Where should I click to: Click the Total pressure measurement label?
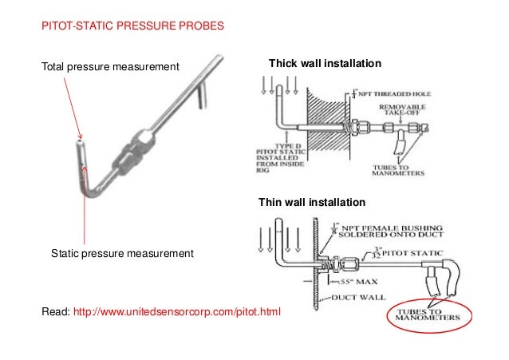(x=110, y=65)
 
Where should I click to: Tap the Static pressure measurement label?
(x=122, y=254)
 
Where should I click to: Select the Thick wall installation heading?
(x=326, y=63)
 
